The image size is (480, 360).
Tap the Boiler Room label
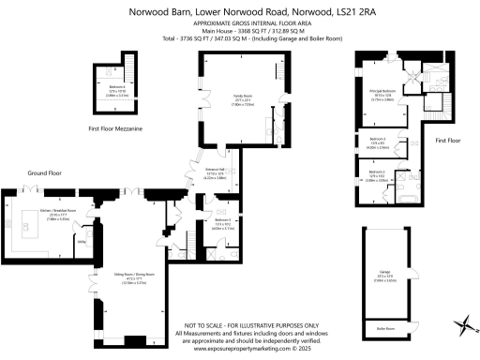coord(385,328)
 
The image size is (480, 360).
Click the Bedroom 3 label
coord(378,142)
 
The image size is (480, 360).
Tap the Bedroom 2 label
coord(377,174)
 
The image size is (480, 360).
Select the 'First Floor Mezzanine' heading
coord(115,127)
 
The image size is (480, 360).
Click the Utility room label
coord(82,241)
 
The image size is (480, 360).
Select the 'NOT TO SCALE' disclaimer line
coord(240,322)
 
